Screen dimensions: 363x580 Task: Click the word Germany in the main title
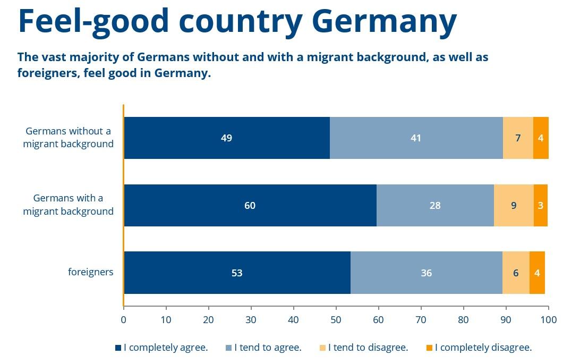click(x=383, y=21)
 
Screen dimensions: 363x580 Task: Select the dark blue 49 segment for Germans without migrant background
click(x=227, y=138)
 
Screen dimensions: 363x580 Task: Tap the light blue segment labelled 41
click(x=416, y=138)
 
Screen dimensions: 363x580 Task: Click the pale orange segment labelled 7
click(x=518, y=138)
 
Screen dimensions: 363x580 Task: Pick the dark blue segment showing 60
click(x=250, y=206)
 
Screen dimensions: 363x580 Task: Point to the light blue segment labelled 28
click(x=435, y=206)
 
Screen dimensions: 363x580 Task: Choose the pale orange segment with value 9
click(x=514, y=206)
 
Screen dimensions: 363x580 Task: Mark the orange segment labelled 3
click(x=540, y=206)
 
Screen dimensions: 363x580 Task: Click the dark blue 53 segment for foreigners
click(x=237, y=273)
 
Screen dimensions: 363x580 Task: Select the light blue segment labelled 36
click(x=426, y=273)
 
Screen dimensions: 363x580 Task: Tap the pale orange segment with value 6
click(x=516, y=273)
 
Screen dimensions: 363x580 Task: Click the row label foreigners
click(x=91, y=272)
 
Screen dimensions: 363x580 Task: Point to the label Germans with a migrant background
click(x=68, y=205)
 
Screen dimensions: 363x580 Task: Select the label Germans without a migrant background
click(x=68, y=137)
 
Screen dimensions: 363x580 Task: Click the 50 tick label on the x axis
click(x=336, y=320)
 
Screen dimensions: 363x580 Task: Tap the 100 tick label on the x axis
click(x=548, y=320)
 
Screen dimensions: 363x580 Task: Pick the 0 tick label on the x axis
click(x=124, y=320)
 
